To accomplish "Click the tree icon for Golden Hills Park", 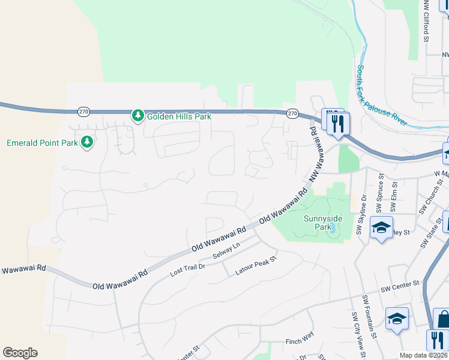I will click(138, 115).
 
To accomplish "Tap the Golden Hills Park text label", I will click(179, 116).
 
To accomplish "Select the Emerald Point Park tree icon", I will click(88, 142).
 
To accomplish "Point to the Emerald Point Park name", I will click(42, 143).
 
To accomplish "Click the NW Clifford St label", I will click(426, 20).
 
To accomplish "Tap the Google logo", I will click(20, 353).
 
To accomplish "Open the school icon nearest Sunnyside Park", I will click(381, 228).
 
